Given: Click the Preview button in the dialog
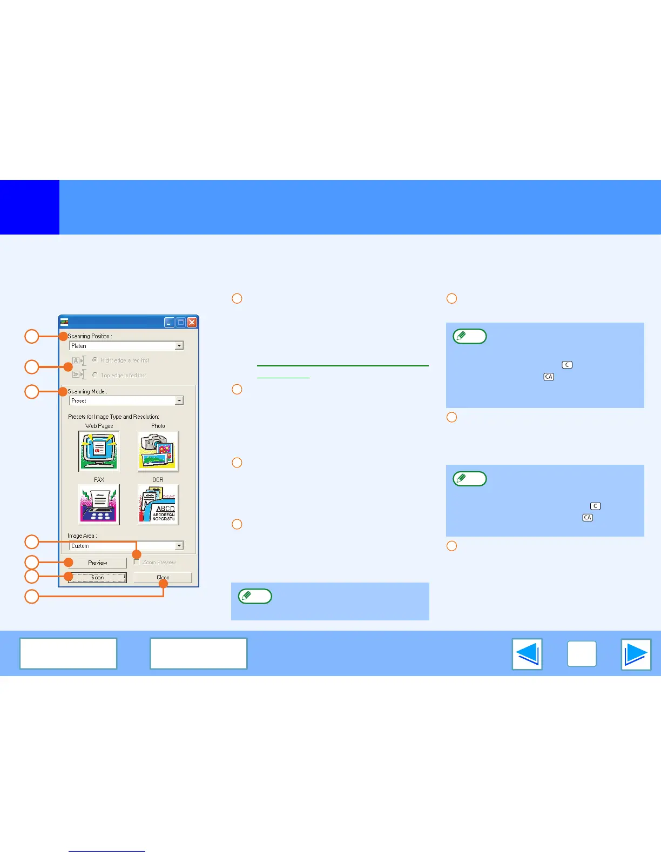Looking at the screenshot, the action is pos(97,563).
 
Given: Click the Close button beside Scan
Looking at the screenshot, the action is pos(163,578).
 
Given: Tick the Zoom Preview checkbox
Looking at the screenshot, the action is pos(137,563).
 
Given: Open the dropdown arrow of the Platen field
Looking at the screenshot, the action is pos(179,346).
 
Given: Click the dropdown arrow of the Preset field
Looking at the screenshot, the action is pos(179,400).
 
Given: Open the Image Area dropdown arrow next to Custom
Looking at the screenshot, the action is pos(179,546).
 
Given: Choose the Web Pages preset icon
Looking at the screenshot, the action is pos(99,451).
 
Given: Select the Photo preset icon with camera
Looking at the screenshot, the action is pos(158,451).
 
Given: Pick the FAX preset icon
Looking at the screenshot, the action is pos(99,505).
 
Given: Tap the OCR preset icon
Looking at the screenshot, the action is pos(158,505).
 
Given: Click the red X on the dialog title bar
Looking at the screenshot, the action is pos(192,323).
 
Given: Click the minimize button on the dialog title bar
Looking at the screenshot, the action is pos(170,323).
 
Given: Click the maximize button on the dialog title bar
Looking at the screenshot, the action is pos(180,323).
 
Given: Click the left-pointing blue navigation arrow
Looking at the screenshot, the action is pos(527,654).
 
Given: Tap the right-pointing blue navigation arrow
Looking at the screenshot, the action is pos(636,654).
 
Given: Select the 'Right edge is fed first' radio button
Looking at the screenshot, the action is pos(95,360).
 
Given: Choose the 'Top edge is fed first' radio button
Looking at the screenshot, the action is pos(95,375).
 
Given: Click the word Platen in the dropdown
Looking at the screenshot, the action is pos(79,346).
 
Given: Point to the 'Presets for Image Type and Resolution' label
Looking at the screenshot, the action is pos(113,417).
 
